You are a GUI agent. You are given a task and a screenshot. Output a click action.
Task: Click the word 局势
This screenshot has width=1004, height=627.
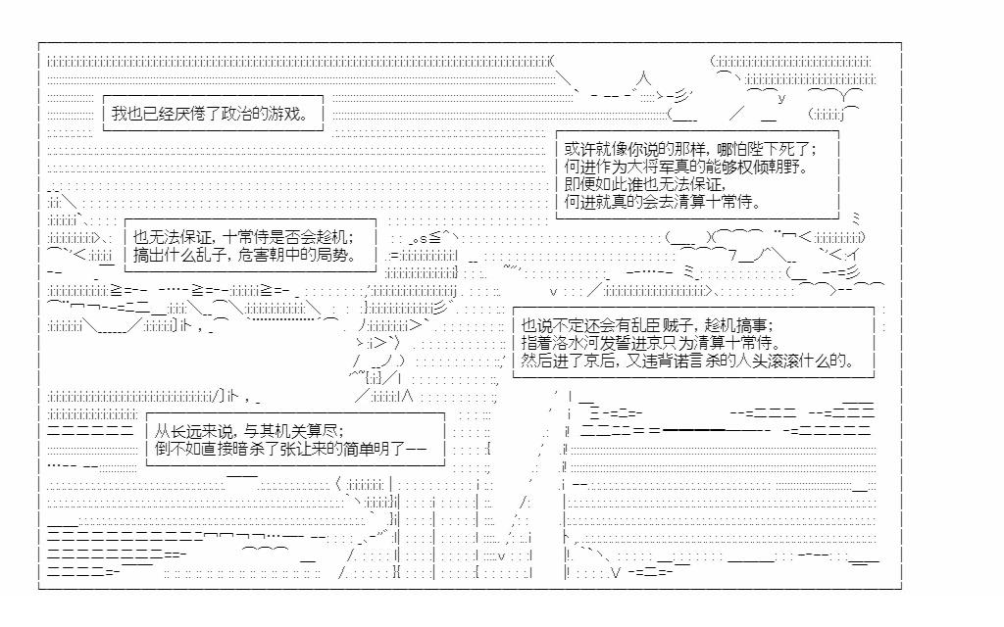coord(350,255)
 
